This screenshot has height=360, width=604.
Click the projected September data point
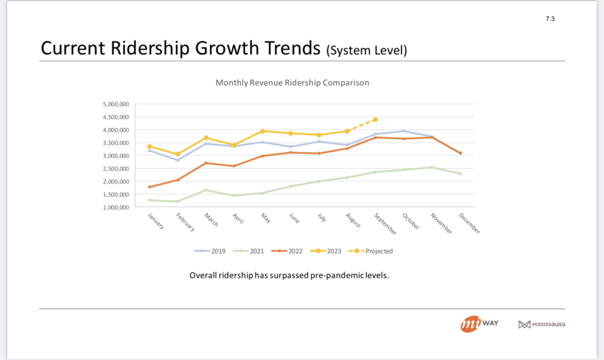(375, 119)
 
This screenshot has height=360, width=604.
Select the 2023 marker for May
(262, 131)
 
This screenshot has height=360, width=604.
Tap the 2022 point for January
(149, 187)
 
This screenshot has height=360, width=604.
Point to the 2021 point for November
(432, 167)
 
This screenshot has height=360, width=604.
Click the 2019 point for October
(404, 131)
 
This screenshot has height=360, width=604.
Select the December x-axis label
(469, 223)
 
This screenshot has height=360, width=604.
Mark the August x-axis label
(353, 221)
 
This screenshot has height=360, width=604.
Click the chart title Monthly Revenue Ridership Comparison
(292, 83)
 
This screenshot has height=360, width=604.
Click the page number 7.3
(550, 19)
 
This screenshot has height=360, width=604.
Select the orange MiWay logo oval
(471, 324)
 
